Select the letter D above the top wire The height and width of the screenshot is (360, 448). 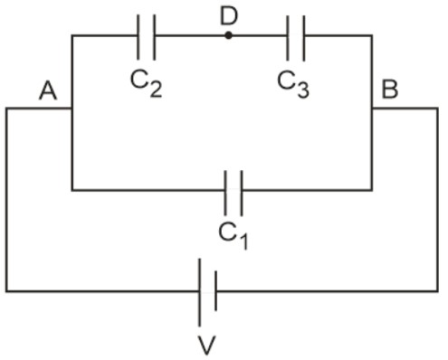click(227, 14)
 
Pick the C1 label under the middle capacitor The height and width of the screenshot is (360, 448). click(234, 233)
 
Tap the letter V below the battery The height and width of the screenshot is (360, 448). click(206, 346)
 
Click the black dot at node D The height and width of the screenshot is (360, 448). click(227, 35)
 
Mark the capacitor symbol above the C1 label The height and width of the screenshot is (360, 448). click(234, 190)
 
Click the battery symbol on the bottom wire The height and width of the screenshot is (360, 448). click(206, 291)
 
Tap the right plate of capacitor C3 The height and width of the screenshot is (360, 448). click(301, 36)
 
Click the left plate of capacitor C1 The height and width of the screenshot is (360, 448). click(228, 190)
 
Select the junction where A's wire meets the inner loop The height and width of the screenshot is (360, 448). click(72, 109)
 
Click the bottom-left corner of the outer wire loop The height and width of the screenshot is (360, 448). click(6, 291)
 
